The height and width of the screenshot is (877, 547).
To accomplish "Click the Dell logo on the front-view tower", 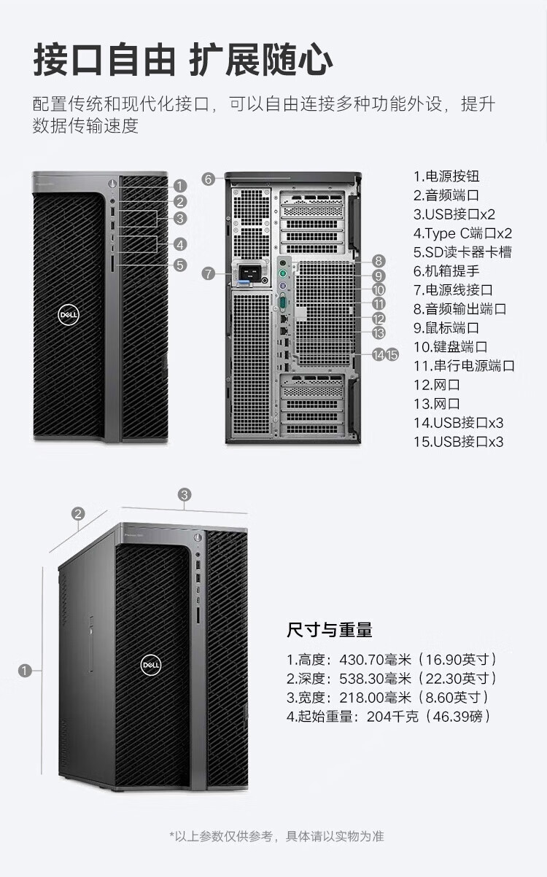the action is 68,315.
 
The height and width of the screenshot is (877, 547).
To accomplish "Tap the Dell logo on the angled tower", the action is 150,664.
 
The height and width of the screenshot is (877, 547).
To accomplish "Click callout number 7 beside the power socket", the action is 209,273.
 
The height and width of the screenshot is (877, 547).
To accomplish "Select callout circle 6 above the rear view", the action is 209,179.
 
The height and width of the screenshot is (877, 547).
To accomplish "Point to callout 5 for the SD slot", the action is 180,265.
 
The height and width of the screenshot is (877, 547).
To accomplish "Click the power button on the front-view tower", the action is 112,183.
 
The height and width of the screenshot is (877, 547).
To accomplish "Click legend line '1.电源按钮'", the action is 446,176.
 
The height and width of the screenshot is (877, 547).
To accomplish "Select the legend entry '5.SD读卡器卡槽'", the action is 462,252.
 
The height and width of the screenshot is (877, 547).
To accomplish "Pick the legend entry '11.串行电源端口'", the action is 464,366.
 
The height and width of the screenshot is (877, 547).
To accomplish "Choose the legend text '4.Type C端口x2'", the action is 462,233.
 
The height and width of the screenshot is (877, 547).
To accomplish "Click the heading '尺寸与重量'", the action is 330,630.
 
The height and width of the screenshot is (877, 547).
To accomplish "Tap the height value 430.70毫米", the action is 375,659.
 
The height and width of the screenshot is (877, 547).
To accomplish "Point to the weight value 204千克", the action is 392,716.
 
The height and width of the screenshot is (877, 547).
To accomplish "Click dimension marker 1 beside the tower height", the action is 25,671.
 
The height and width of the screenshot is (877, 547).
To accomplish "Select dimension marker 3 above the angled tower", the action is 185,494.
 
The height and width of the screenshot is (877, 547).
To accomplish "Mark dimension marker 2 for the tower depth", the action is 78,514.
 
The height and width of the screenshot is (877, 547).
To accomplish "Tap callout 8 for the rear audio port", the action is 379,261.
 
